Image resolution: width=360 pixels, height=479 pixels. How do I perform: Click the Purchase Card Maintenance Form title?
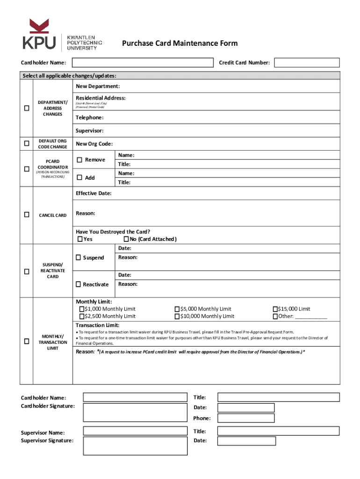point(180,44)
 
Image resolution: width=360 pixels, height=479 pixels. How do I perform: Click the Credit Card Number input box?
point(307,63)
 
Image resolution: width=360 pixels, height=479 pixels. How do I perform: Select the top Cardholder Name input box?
point(142,63)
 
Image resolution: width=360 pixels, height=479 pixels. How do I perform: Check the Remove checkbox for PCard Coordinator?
point(79,160)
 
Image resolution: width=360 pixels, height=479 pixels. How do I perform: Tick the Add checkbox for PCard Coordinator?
point(79,178)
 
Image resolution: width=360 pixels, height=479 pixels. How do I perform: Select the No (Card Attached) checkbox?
point(126,239)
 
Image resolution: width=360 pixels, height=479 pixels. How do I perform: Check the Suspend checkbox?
point(79,258)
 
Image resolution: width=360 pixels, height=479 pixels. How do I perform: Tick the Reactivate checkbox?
point(79,284)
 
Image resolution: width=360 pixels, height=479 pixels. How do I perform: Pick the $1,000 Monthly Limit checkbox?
point(81,309)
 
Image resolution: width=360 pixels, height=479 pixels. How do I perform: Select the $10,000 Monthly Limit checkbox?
point(177,317)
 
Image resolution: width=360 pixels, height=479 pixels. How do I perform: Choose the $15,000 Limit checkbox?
point(275,309)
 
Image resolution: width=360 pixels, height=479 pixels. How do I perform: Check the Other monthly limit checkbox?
point(275,317)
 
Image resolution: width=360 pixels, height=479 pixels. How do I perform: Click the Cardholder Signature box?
point(135,412)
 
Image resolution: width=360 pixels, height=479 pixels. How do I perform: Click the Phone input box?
point(246,418)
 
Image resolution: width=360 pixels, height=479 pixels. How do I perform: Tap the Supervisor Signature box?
point(135,446)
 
